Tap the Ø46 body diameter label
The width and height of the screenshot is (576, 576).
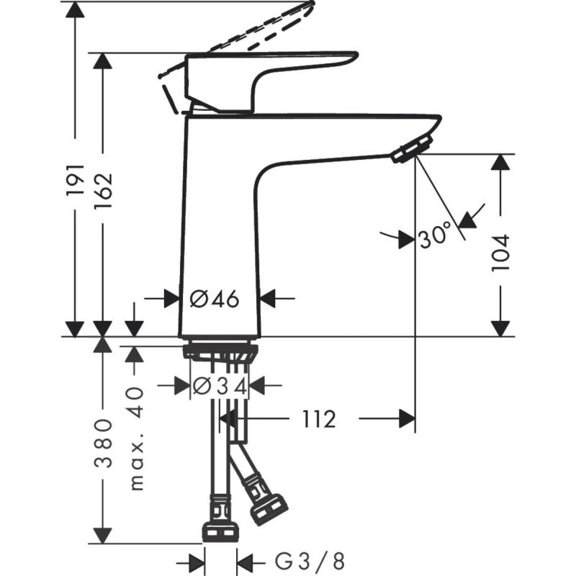coord(214,298)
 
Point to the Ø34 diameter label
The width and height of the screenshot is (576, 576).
coord(220,387)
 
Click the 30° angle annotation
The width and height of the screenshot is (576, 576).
coord(434,235)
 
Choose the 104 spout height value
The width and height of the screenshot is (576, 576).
coord(501,252)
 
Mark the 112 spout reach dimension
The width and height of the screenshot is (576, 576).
coord(319,419)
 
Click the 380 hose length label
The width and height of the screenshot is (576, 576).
coord(104,442)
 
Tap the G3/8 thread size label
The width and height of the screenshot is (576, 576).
coord(310,560)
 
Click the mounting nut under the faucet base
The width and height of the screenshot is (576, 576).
coord(220,354)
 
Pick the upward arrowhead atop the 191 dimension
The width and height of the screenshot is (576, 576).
coord(75,10)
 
